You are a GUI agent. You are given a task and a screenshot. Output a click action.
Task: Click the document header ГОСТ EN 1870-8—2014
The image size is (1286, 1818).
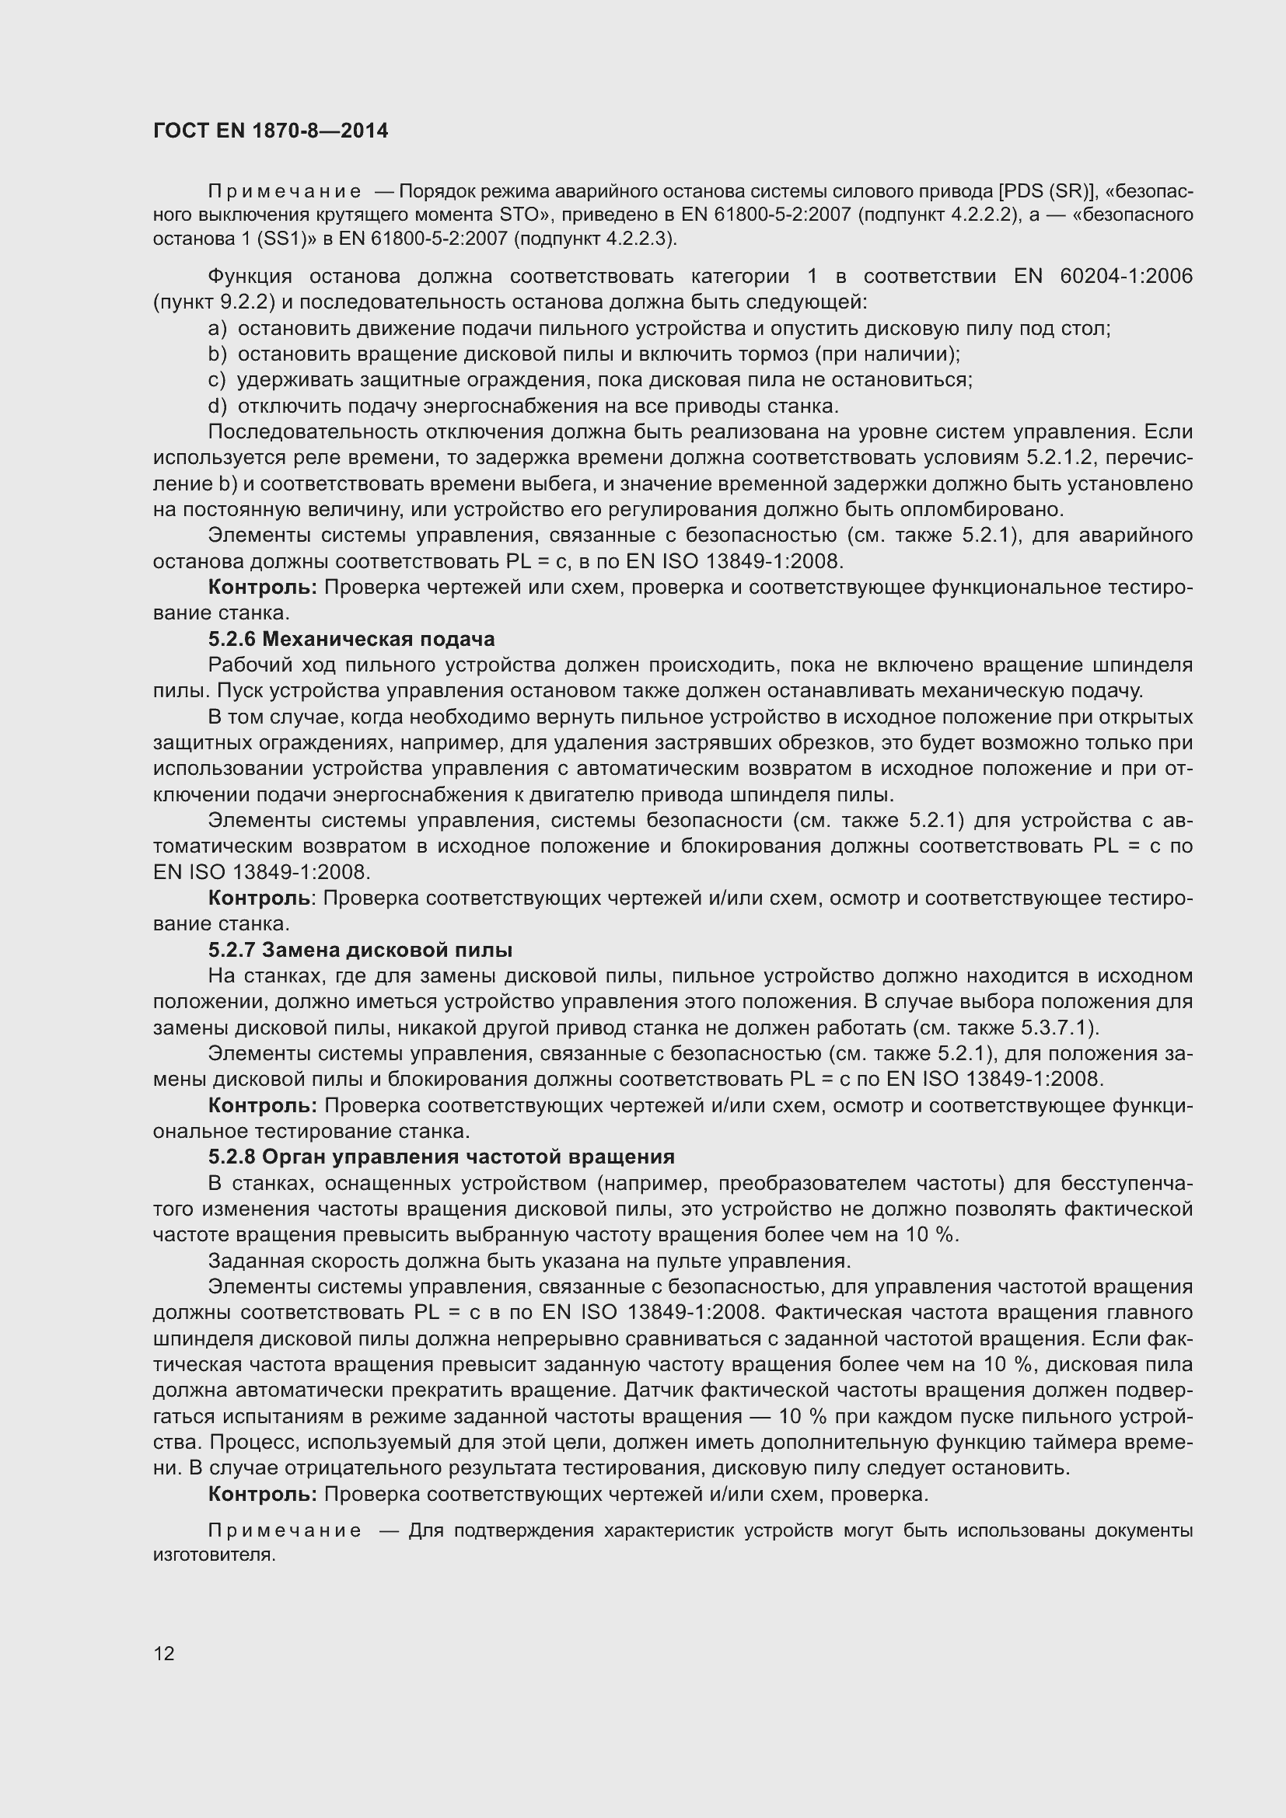[x=270, y=131]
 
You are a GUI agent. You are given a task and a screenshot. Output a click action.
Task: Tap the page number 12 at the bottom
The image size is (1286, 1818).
[x=164, y=1653]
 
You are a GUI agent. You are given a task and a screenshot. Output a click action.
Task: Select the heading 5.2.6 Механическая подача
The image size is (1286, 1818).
[x=351, y=638]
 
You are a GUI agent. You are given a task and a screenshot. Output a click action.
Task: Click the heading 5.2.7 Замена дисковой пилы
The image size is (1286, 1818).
[x=360, y=949]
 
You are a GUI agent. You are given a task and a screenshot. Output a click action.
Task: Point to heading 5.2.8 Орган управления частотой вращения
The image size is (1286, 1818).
[x=441, y=1157]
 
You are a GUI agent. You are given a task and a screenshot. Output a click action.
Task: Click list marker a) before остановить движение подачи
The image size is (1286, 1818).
[x=217, y=328]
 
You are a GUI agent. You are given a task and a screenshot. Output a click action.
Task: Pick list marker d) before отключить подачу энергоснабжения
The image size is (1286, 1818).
[x=217, y=407]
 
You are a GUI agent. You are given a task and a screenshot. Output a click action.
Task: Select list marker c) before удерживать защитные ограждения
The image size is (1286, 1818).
[x=217, y=380]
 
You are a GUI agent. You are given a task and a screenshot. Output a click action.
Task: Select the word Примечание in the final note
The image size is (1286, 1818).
[x=285, y=1530]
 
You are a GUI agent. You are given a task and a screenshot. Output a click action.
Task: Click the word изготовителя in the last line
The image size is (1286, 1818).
[x=213, y=1555]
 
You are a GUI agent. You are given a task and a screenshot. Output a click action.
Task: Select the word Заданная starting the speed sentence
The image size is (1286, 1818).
[x=248, y=1261]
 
